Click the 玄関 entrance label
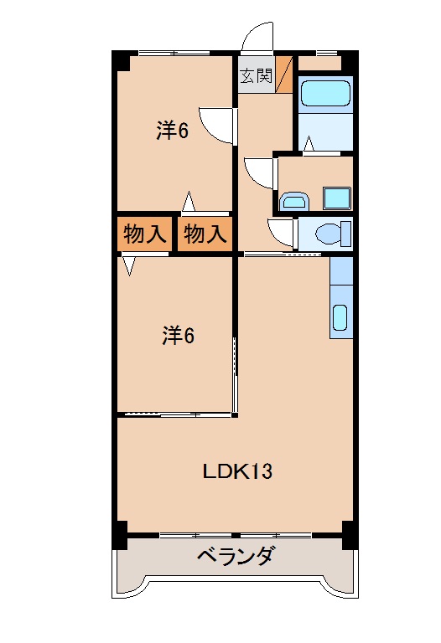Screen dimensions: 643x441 (x=257, y=75)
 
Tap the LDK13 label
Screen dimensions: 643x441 (x=237, y=471)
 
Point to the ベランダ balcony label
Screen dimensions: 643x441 (x=236, y=556)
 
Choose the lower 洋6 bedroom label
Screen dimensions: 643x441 (x=178, y=336)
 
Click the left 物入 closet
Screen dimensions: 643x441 (x=144, y=234)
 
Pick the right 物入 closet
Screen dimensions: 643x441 (x=205, y=234)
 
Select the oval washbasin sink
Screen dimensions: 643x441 (x=293, y=200)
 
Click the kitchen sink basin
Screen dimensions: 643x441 (x=340, y=318)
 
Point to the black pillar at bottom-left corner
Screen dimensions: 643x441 (x=121, y=533)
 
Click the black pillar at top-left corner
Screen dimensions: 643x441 (x=122, y=62)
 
